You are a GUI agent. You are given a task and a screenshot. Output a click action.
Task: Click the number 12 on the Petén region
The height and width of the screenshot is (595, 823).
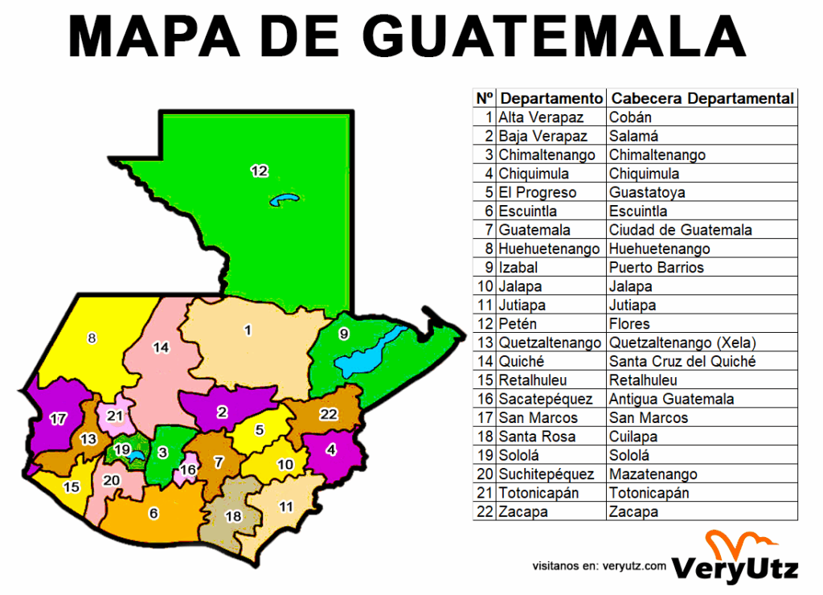pos(259,170)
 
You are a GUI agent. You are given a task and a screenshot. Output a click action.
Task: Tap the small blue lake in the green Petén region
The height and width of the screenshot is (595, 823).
pos(284,199)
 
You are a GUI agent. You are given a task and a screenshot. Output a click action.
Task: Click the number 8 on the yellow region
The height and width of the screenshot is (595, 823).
pos(92,338)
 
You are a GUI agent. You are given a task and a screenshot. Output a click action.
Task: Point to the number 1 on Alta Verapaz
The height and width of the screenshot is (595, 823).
pos(248,330)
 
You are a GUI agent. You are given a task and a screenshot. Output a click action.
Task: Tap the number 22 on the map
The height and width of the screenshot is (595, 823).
pos(328,414)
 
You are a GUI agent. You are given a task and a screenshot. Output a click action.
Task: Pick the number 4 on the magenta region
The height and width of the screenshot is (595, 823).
pos(330,450)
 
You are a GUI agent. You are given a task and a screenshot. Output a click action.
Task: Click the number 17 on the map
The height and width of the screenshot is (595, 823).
pos(57,418)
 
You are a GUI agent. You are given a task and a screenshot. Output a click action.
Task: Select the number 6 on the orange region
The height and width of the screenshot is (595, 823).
pos(154,513)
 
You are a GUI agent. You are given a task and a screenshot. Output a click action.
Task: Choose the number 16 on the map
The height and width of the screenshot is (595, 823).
pos(187,470)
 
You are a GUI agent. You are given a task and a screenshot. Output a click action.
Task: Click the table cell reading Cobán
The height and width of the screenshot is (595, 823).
pos(631,117)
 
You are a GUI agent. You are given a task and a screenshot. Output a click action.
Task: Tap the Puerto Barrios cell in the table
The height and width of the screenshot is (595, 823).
pos(656,268)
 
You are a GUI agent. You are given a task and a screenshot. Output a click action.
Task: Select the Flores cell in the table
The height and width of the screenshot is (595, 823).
pos(629,324)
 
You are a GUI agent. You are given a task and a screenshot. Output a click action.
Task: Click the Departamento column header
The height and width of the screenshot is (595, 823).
pos(551,98)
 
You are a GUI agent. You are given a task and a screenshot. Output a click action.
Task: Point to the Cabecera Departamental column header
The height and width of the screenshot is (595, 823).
pos(702,98)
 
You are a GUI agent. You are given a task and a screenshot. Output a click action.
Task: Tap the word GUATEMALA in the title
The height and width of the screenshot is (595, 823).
pos(555,35)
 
